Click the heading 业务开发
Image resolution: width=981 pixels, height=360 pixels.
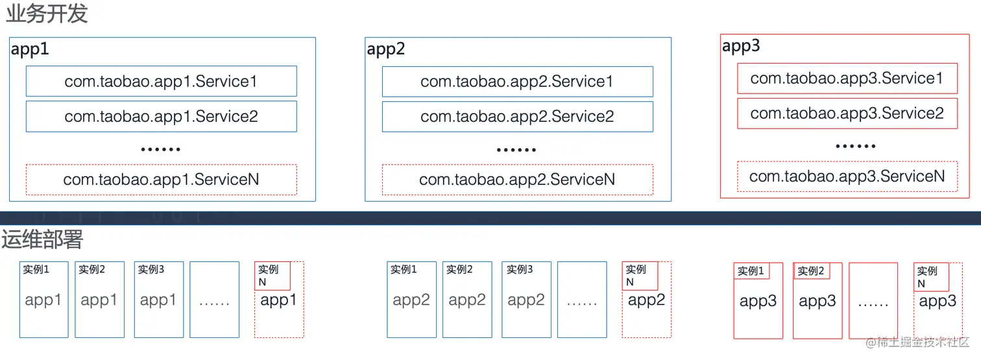(46, 14)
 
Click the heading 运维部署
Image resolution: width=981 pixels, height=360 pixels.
(43, 239)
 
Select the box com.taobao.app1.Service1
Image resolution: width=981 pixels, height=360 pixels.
(161, 81)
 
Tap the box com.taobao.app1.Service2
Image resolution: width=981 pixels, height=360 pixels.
(161, 116)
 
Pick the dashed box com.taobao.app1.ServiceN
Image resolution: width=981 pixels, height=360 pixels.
(161, 180)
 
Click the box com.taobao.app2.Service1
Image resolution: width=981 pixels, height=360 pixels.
(517, 81)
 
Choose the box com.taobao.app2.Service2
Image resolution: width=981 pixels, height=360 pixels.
(517, 116)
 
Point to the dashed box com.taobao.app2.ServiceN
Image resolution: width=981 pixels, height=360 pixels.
(517, 180)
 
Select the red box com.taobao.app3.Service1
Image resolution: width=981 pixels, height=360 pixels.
(847, 78)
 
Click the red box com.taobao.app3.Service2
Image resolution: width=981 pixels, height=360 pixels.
(847, 114)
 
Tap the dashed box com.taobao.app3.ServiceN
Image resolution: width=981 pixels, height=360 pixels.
(847, 176)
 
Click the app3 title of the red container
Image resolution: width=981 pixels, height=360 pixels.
(741, 46)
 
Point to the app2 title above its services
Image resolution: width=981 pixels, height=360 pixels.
(386, 49)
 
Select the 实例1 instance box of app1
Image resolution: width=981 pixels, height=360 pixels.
(43, 300)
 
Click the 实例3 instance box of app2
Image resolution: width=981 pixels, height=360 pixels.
(526, 300)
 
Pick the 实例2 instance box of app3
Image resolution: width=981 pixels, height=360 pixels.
(817, 301)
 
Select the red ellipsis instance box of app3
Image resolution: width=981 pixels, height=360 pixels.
(873, 301)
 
